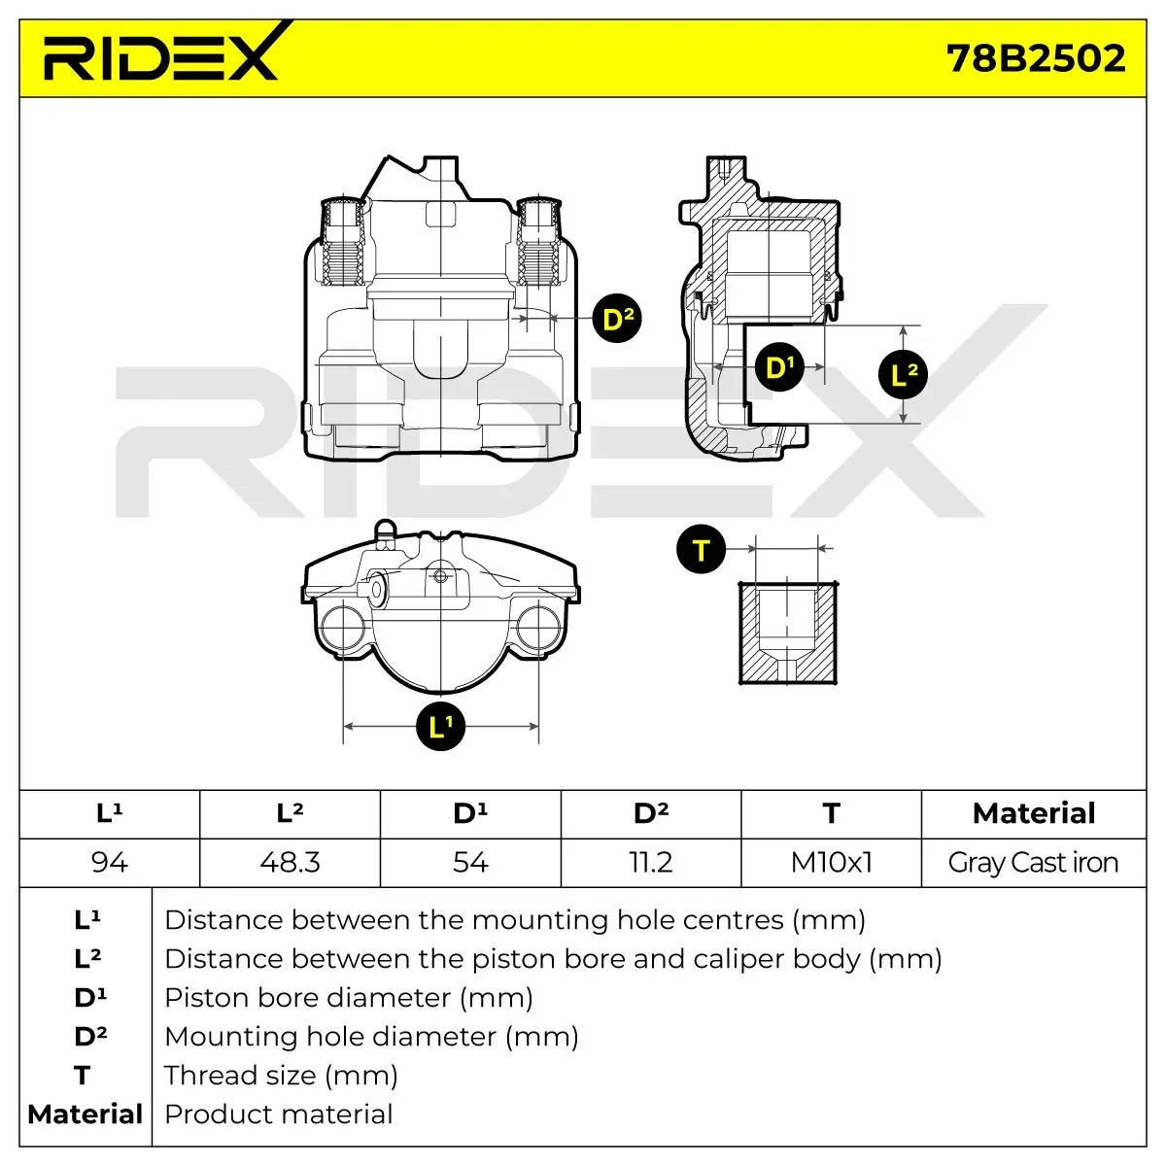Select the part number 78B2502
pos(1036,58)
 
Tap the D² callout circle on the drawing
pos(617,319)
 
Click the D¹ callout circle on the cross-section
pos(779,366)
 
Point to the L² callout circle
pos(903,374)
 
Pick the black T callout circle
pos(701,549)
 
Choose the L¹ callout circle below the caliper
pos(440,726)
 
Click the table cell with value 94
pos(110,862)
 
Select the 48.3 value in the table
pos(290,862)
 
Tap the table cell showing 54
pos(470,862)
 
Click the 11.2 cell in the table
pos(651,862)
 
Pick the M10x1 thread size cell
pos(832,862)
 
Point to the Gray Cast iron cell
pos(1034,862)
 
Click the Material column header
pos(1034,813)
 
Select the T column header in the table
pos(832,813)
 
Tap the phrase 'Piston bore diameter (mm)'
pos(349,998)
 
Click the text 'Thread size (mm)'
pos(281,1076)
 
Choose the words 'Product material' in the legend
pos(278,1114)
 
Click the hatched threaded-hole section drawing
pos(788,633)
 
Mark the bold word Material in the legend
pos(86,1114)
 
